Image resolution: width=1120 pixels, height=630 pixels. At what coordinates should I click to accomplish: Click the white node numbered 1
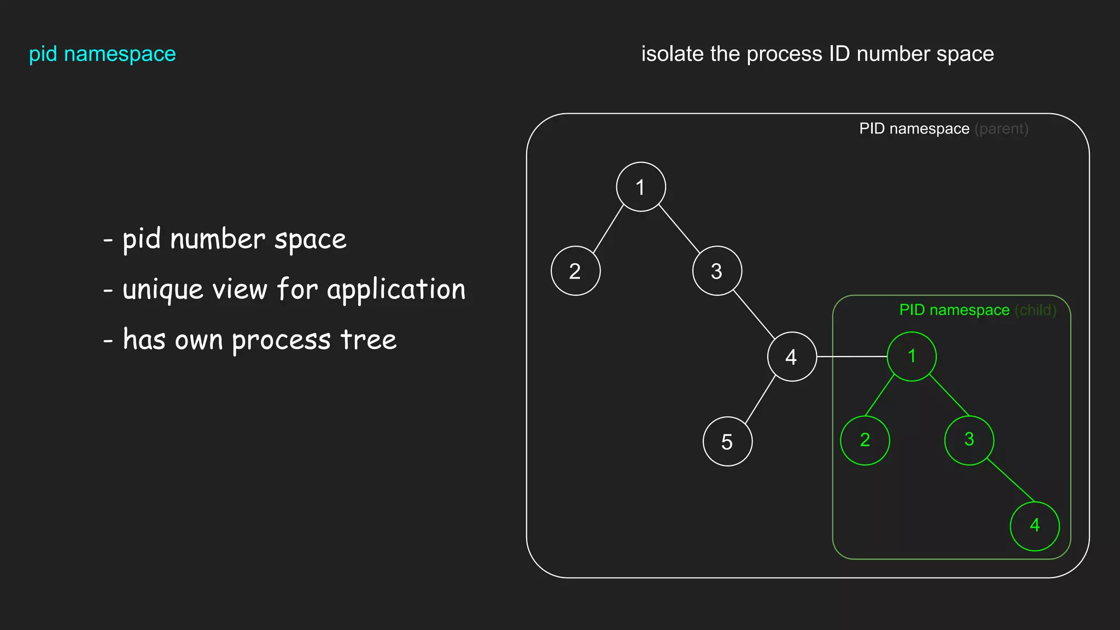click(x=640, y=187)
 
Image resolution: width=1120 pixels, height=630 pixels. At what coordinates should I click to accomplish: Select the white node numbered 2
click(x=575, y=271)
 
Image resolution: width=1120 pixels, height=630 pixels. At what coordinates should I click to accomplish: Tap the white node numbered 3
click(x=717, y=271)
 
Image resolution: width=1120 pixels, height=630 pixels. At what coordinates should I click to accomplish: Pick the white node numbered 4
click(x=792, y=357)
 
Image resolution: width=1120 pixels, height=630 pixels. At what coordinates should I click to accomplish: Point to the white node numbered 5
click(x=727, y=441)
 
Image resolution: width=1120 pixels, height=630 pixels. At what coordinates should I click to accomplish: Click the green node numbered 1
click(x=912, y=357)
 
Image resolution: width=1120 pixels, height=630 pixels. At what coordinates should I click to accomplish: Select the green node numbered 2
click(x=865, y=440)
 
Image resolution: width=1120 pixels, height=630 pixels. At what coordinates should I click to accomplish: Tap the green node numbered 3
click(x=969, y=440)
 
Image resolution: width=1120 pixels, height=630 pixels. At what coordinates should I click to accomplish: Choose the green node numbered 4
click(x=1034, y=526)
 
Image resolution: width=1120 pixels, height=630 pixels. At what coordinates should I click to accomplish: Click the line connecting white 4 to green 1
click(x=851, y=357)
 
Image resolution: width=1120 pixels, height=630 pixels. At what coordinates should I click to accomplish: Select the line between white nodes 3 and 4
click(x=754, y=314)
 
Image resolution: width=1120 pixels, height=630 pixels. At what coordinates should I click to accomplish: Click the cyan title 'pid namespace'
click(x=102, y=54)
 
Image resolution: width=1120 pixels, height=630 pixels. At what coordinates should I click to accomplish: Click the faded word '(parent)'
click(x=1001, y=129)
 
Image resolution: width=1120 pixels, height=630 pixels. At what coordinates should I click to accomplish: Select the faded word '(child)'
click(x=1035, y=310)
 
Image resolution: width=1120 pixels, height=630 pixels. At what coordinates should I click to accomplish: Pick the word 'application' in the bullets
click(x=396, y=290)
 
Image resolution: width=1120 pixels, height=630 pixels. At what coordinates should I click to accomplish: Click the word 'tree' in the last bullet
click(x=369, y=340)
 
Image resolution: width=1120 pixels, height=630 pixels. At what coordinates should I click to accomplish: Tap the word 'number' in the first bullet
click(x=218, y=240)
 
